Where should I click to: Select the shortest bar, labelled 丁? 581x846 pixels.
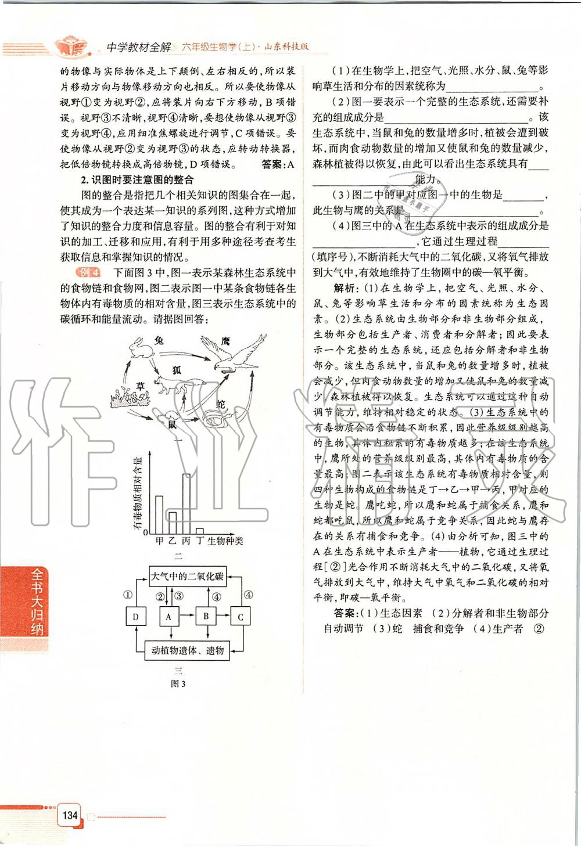(x=200, y=530)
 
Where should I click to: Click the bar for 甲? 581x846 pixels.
(x=159, y=514)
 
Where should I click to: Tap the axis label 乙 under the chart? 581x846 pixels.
(x=173, y=541)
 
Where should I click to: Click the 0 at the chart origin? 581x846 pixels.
(x=146, y=532)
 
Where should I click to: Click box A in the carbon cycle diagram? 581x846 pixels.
(x=168, y=617)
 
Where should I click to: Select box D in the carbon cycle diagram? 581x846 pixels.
(x=135, y=617)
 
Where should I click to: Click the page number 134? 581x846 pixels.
(x=70, y=815)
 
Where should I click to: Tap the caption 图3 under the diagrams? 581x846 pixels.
(x=178, y=683)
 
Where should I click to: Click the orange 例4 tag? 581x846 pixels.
(x=88, y=272)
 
